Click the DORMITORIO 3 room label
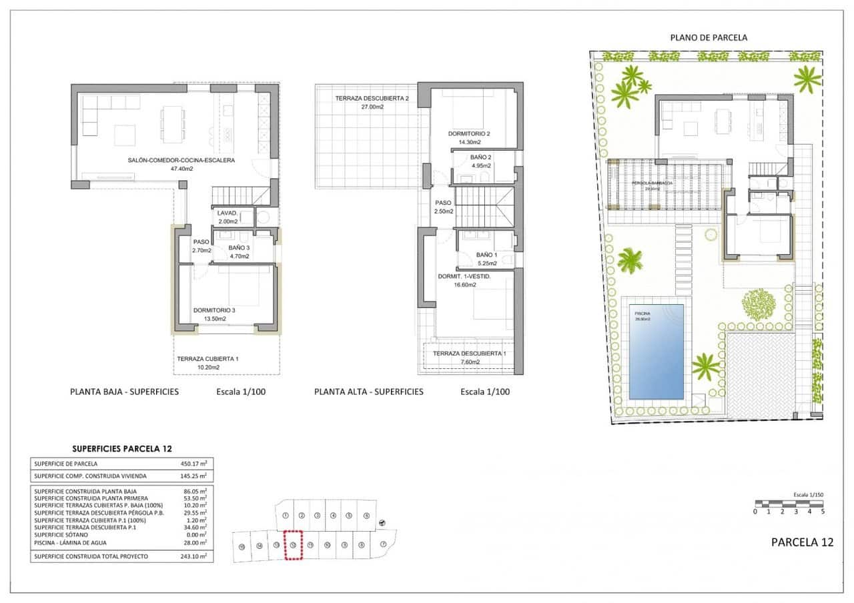point(214,310)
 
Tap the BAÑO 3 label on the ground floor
point(239,247)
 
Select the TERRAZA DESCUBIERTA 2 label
point(372,98)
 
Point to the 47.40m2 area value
point(181,169)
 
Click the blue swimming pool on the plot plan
point(657,350)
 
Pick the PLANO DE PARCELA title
point(709,38)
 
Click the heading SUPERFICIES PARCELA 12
point(121,449)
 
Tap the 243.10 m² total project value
point(193,556)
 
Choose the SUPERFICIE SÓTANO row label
point(61,535)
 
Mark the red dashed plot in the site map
point(293,544)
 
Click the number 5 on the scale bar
point(823,512)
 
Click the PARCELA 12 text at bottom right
point(802,542)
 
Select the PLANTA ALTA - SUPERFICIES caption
point(368,392)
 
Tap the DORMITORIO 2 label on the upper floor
point(469,134)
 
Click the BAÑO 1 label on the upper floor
point(486,255)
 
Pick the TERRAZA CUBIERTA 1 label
point(207,359)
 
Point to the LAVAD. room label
point(228,213)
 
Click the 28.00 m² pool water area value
point(193,541)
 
